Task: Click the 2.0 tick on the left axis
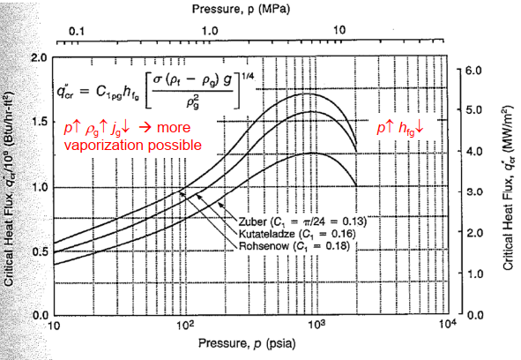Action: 40,58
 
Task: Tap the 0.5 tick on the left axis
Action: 40,251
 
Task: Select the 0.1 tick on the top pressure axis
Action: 76,30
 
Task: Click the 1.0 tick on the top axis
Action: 208,30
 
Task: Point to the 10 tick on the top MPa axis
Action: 340,30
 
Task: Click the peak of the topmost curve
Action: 308,94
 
